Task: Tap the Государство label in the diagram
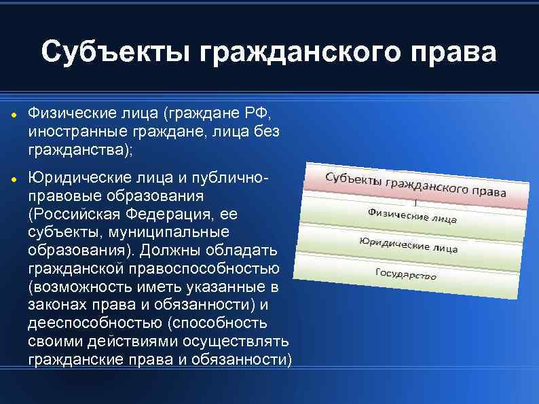click(x=405, y=274)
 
